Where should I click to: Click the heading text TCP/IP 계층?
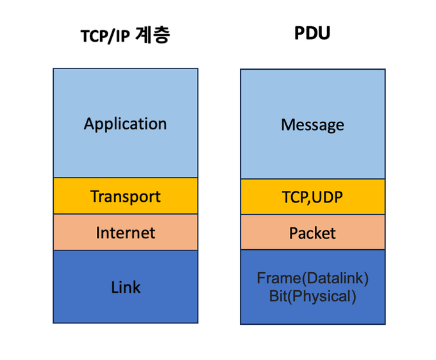[x=125, y=35]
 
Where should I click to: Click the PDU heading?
[x=312, y=33]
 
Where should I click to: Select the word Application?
[x=125, y=124]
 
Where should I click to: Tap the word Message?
[x=312, y=124]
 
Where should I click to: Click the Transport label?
[x=125, y=196]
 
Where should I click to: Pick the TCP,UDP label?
[x=312, y=197]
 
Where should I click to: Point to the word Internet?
[x=125, y=232]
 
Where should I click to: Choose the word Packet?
[x=312, y=233]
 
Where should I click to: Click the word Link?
[x=125, y=287]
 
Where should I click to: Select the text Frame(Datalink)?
[x=312, y=279]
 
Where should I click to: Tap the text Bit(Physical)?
[x=312, y=296]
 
